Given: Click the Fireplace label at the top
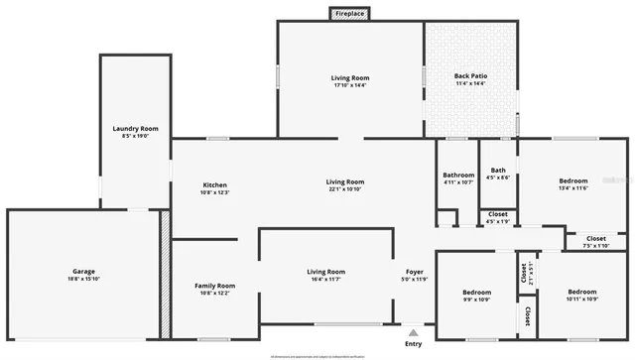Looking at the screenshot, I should (349, 14).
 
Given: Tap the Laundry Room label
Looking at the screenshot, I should (136, 129).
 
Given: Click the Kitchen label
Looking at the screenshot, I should (215, 185).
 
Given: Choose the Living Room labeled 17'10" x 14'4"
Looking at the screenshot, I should (350, 77).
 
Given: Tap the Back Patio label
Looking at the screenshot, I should (469, 76).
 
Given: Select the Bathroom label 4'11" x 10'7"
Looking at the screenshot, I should (458, 176).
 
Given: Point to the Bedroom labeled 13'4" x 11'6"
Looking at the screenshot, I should (572, 181).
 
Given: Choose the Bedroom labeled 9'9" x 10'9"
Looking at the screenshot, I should (477, 293).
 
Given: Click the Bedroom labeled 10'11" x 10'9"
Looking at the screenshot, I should (582, 292).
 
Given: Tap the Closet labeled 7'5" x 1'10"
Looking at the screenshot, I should (596, 238).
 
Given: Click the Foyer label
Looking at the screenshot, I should (415, 272).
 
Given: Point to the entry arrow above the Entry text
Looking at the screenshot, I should (413, 332).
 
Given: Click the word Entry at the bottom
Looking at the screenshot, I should (413, 344).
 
